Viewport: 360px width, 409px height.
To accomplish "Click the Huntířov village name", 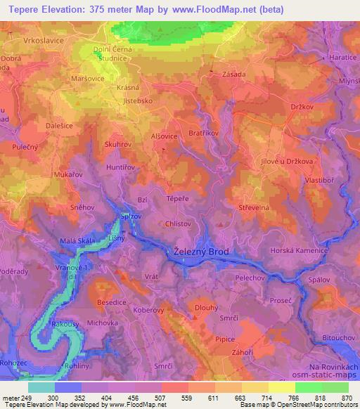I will tap(121, 168).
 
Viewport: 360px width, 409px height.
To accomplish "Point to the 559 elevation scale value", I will tap(186, 396).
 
